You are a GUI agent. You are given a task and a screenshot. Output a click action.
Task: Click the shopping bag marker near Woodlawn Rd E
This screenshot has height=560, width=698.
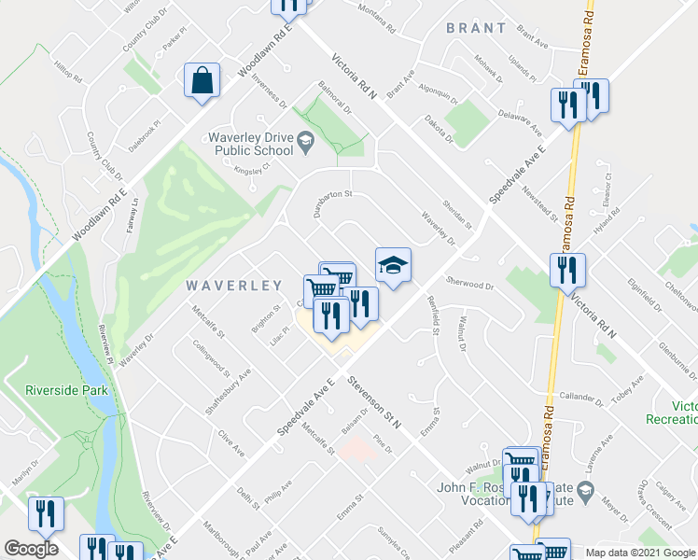click(202, 82)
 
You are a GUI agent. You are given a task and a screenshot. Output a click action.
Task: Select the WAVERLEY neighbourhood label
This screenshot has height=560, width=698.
click(233, 285)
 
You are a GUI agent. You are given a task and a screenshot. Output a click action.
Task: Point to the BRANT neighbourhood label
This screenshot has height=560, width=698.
click(476, 28)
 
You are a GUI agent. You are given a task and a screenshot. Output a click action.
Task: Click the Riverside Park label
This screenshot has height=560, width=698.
click(66, 390)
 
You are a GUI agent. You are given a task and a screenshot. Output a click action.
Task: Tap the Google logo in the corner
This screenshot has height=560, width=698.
click(30, 549)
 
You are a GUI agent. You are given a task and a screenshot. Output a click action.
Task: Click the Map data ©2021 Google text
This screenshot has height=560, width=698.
click(639, 553)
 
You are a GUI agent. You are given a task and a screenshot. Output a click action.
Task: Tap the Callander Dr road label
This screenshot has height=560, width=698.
click(582, 397)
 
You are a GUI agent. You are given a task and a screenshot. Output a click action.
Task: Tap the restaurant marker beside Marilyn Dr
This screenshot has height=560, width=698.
click(45, 511)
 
